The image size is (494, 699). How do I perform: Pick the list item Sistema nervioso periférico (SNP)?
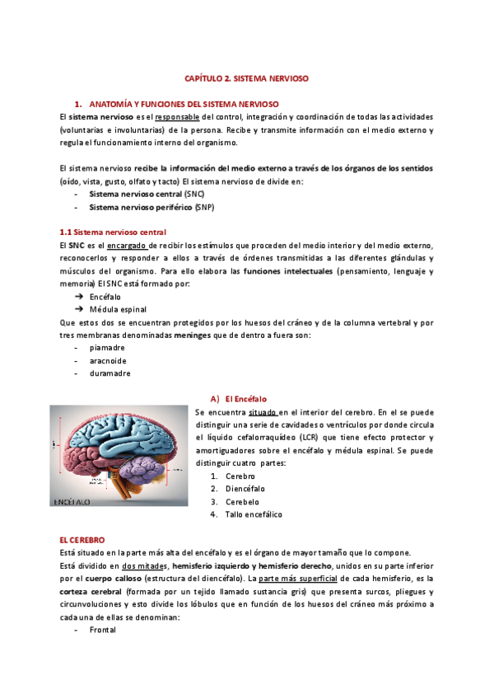[151, 207]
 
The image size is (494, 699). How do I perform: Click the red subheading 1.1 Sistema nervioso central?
[113, 232]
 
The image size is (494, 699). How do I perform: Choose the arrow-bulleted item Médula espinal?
[114, 308]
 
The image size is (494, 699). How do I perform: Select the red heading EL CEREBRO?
[82, 539]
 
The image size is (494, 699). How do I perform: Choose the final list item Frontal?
[103, 630]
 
